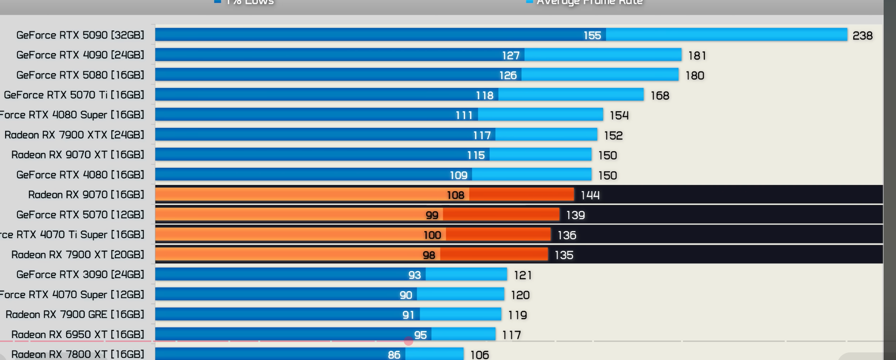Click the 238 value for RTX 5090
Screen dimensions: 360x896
[x=862, y=36]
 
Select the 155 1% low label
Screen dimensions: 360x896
[x=592, y=35]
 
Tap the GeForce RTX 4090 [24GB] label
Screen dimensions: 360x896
[x=80, y=55]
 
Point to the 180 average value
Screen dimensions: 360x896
[x=694, y=76]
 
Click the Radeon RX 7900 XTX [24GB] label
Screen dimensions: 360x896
[x=74, y=135]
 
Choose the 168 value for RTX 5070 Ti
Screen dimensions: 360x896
[x=660, y=96]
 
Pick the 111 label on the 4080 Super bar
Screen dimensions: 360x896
[x=464, y=115]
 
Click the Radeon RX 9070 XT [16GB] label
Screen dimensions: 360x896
[x=78, y=155]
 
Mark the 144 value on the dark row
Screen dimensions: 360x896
[x=590, y=195]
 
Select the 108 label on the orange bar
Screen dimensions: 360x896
[x=455, y=195]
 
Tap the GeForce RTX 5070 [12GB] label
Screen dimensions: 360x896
[x=80, y=215]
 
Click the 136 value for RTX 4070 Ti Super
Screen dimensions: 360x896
[x=566, y=235]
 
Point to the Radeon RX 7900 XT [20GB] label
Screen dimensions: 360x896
[x=78, y=255]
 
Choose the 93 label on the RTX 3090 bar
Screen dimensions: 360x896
[x=414, y=275]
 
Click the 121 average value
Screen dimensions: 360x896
[x=522, y=275]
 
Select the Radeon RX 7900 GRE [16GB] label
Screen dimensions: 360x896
[x=75, y=315]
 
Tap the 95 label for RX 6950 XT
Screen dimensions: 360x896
[x=420, y=335]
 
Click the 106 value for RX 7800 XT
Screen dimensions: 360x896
[x=479, y=355]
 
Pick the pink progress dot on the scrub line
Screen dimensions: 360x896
[x=409, y=341]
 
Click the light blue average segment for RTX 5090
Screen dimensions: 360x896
[x=726, y=35]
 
